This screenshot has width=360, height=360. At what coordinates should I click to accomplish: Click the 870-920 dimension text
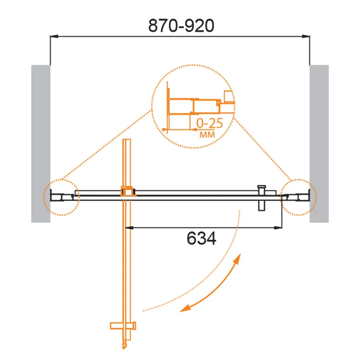coord(181,26)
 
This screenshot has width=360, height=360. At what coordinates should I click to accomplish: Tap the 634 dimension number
coord(201,238)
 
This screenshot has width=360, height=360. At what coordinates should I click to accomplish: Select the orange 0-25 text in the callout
coord(209,123)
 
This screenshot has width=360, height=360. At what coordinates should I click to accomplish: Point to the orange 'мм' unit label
coord(207,135)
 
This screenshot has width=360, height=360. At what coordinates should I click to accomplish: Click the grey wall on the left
coord(40,144)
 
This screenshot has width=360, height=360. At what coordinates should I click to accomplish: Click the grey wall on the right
coord(319,144)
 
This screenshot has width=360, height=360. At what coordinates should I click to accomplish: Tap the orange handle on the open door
coord(123,326)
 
